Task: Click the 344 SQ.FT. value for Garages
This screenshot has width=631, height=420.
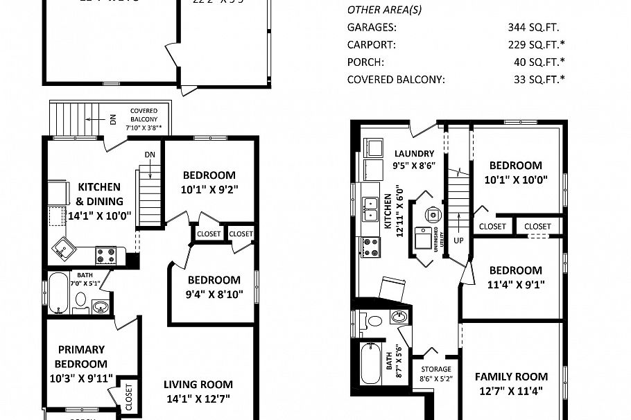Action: (533, 28)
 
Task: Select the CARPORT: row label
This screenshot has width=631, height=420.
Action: (371, 45)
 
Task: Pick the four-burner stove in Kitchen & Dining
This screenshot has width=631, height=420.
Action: (105, 255)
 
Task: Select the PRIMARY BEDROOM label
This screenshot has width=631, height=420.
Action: (82, 356)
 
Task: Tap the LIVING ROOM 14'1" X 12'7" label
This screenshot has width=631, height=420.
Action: (198, 391)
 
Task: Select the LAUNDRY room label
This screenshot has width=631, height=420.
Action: (414, 153)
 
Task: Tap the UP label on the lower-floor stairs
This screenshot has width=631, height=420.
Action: (459, 240)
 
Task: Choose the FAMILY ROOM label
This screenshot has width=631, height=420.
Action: (511, 377)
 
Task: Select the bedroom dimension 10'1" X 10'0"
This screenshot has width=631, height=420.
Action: (515, 180)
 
